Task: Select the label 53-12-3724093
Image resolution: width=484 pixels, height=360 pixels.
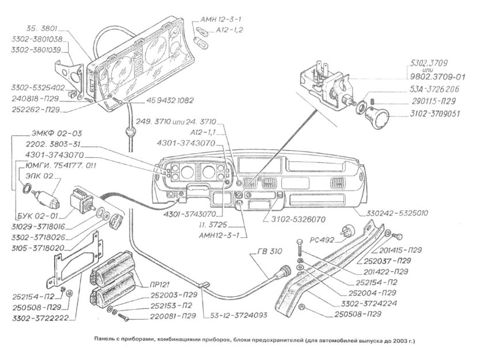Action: click(x=233, y=316)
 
